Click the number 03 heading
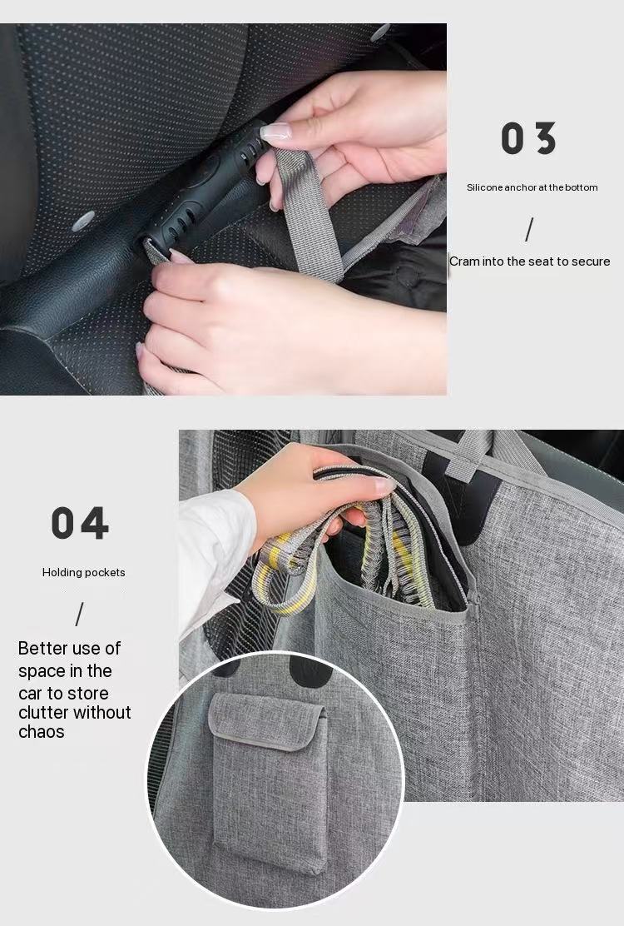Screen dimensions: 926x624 pyautogui.click(x=528, y=138)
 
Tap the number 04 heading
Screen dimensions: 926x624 pyautogui.click(x=80, y=523)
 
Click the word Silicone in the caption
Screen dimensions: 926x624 pyautogui.click(x=485, y=187)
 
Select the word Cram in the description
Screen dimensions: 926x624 pyautogui.click(x=464, y=261)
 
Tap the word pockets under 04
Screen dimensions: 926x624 pyautogui.click(x=106, y=572)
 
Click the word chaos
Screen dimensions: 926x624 pyautogui.click(x=42, y=732)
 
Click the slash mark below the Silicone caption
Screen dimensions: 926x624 pyautogui.click(x=529, y=228)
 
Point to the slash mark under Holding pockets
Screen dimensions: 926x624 pyautogui.click(x=80, y=615)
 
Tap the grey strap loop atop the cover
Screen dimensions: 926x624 pyautogui.click(x=470, y=454)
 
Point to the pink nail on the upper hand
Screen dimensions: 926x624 pyautogui.click(x=275, y=132)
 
